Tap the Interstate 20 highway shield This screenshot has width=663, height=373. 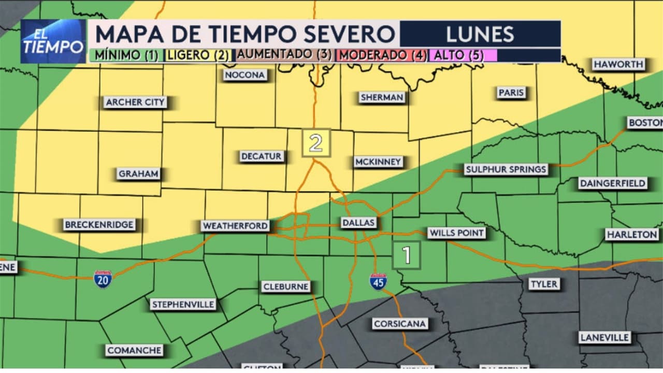103,279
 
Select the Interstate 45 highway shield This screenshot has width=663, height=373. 378,281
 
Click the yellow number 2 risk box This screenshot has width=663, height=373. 316,142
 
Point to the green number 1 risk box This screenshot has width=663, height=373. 407,255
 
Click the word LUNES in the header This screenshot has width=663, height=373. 480,34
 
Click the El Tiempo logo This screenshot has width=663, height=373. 53,41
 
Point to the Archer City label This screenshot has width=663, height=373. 135,102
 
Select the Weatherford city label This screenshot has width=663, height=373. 236,226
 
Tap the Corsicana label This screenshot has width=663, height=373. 400,324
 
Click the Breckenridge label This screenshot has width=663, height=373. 99,225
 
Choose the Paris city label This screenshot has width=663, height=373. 511,93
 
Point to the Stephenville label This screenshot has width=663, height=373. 183,304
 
